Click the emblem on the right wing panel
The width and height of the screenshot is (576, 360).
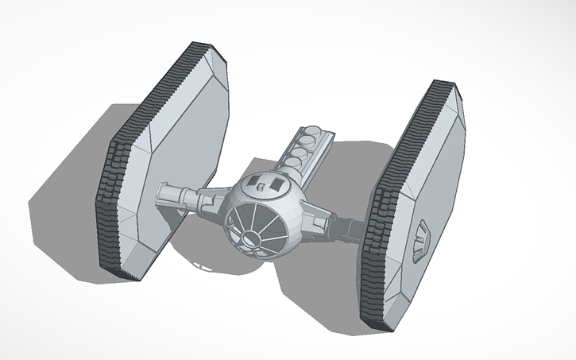pyautogui.click(x=422, y=232)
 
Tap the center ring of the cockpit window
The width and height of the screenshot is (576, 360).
pyautogui.click(x=255, y=236)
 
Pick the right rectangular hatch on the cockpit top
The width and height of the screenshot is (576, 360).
pyautogui.click(x=277, y=184)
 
